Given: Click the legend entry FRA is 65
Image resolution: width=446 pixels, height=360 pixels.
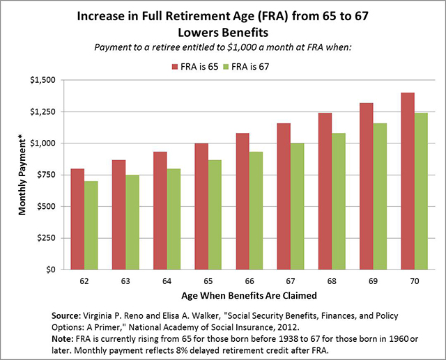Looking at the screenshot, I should [202, 66].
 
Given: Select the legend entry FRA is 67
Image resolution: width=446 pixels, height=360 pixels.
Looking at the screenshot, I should [266, 66].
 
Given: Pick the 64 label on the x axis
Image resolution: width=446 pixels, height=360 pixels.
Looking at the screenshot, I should [162, 281].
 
